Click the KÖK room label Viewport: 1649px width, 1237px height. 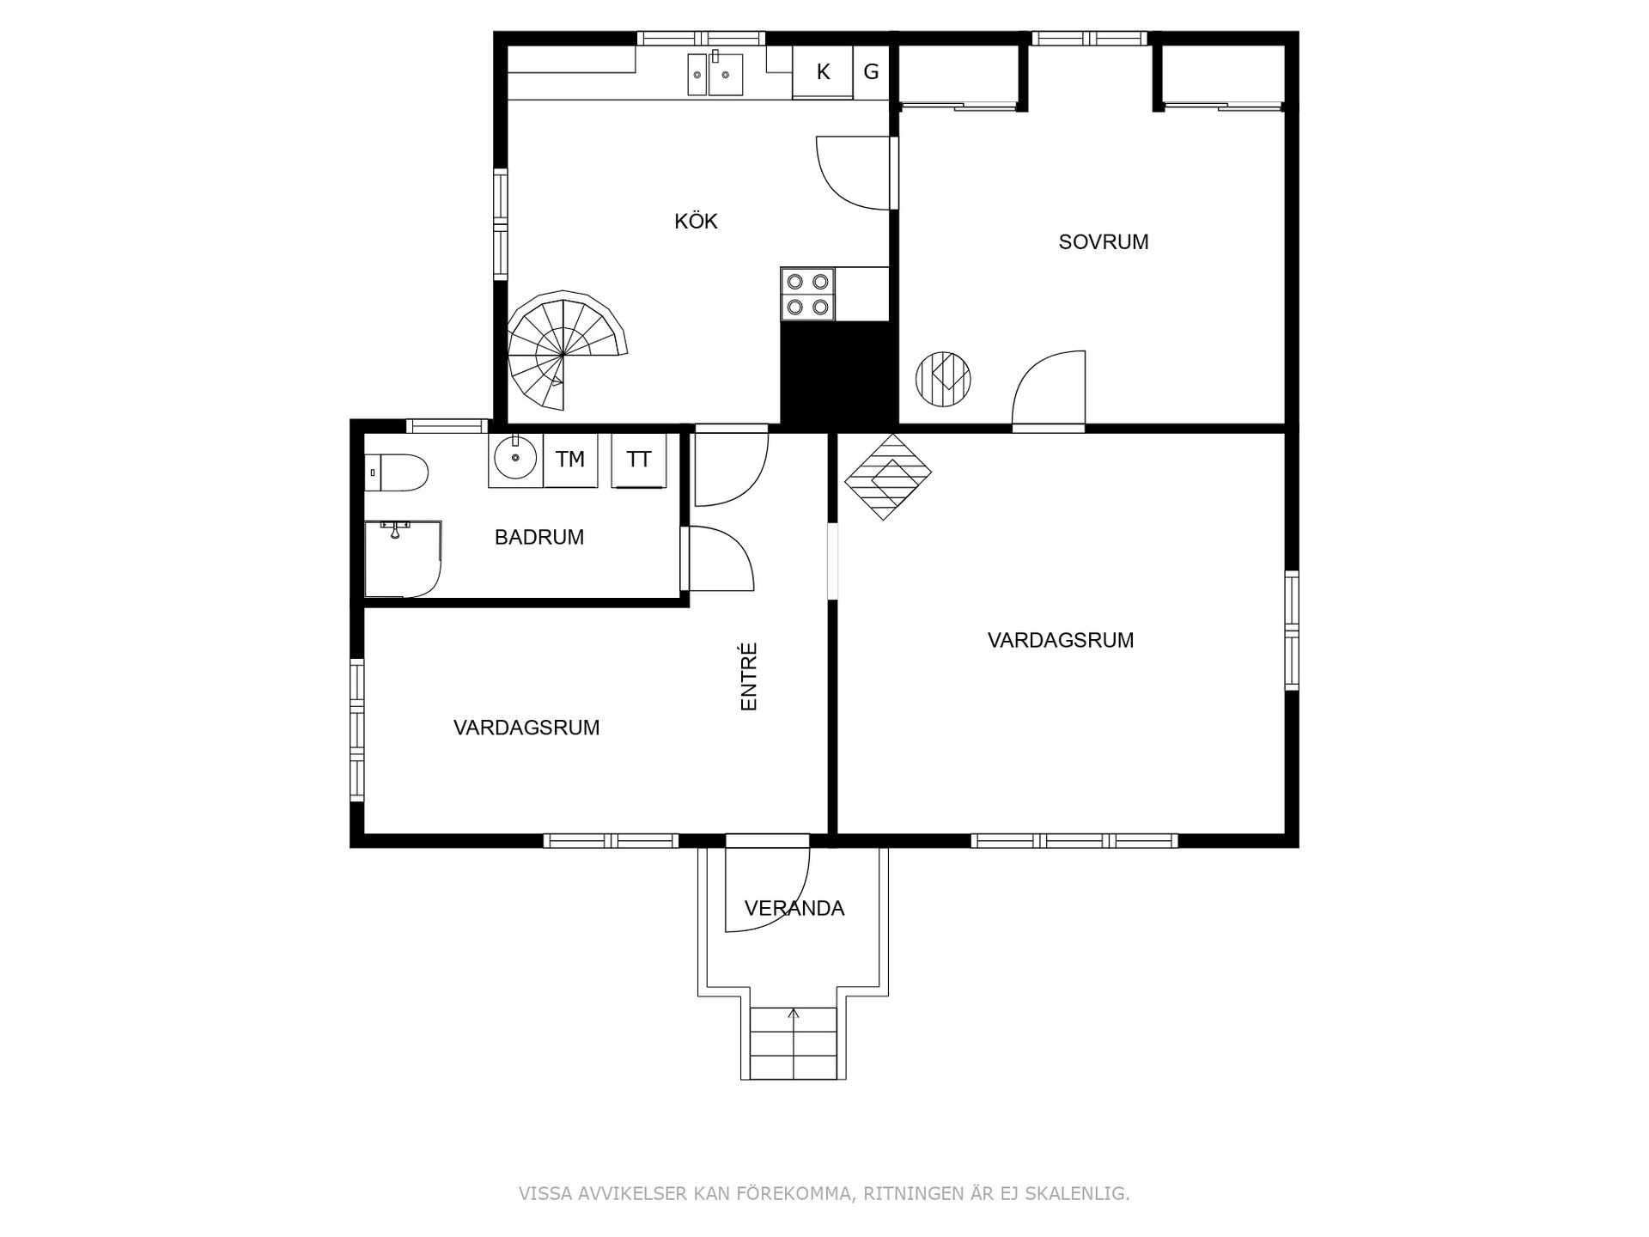[x=696, y=221]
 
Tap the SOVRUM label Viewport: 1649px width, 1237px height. [x=1104, y=242]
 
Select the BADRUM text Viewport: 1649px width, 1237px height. [x=539, y=538]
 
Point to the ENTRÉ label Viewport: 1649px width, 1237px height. [x=749, y=677]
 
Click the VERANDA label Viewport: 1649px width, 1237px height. [x=794, y=908]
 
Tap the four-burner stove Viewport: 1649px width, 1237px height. [x=808, y=294]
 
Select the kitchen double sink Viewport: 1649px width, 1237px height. [x=715, y=74]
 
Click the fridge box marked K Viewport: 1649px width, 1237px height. [x=823, y=72]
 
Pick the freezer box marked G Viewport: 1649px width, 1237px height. [x=871, y=72]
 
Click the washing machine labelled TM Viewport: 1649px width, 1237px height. [x=570, y=460]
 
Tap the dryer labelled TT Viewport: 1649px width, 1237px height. [x=638, y=460]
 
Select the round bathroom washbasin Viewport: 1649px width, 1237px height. [x=515, y=460]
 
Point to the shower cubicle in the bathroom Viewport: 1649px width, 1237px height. [x=403, y=558]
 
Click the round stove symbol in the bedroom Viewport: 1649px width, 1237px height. [x=943, y=379]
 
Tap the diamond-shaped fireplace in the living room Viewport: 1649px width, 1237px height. [x=888, y=477]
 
